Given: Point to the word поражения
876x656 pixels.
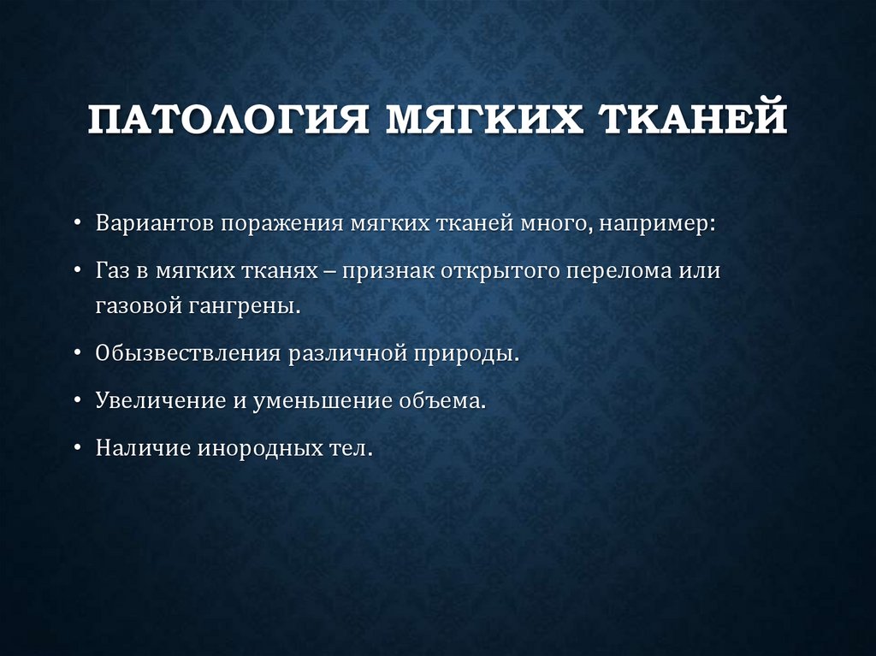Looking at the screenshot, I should [283, 225].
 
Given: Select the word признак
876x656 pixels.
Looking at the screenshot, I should [389, 272].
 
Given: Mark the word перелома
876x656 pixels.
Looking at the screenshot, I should [624, 272].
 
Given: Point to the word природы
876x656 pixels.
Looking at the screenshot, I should [475, 355].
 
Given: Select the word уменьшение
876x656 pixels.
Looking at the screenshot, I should [320, 401].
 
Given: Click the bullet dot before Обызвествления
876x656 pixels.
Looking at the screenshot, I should [78, 354].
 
